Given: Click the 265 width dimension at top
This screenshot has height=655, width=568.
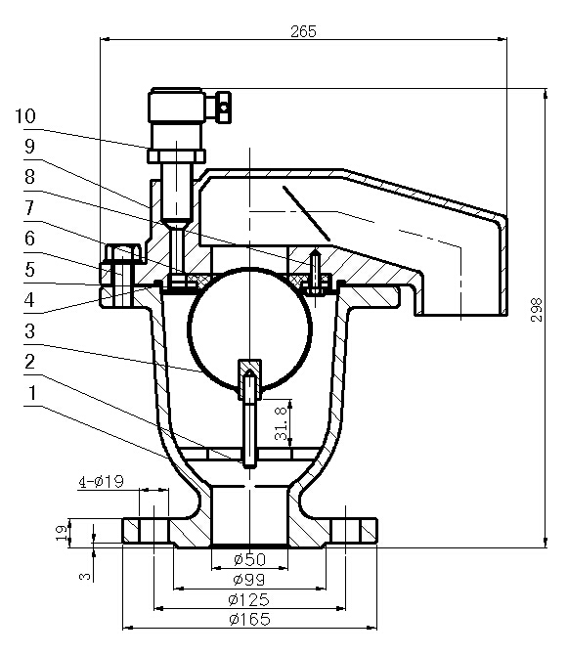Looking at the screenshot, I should tap(304, 30).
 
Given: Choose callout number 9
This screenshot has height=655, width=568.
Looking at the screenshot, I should tap(29, 145).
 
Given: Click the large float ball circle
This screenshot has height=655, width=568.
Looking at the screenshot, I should tap(248, 327).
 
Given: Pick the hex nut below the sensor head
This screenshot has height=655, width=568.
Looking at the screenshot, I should tap(176, 153).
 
